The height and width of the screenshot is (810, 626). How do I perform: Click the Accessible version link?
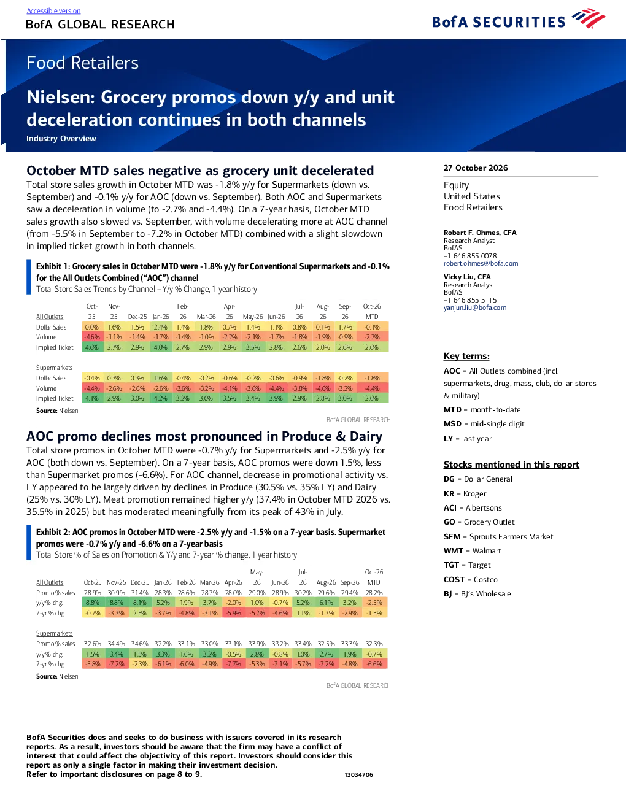pyautogui.click(x=53, y=11)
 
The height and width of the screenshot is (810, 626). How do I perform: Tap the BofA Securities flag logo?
pyautogui.click(x=589, y=18)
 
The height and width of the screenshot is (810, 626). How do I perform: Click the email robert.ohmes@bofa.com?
pyautogui.click(x=481, y=263)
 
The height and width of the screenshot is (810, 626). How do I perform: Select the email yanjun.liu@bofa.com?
pyautogui.click(x=475, y=307)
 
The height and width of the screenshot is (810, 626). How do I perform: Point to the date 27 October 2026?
pyautogui.click(x=476, y=168)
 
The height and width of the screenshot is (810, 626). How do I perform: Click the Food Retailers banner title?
pyautogui.click(x=82, y=63)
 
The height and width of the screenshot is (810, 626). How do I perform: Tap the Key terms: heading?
pyautogui.click(x=466, y=356)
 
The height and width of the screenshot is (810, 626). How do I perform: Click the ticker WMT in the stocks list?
pyautogui.click(x=454, y=550)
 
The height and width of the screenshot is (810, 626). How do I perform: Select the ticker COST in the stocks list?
pyautogui.click(x=454, y=580)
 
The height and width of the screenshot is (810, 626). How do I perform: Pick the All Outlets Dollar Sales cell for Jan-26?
pyautogui.click(x=161, y=327)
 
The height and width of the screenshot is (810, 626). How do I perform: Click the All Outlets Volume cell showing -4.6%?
pyautogui.click(x=91, y=337)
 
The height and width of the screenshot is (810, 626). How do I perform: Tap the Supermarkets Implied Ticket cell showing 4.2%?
pyautogui.click(x=161, y=398)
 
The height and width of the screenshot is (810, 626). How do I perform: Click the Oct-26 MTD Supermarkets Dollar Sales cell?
pyautogui.click(x=372, y=377)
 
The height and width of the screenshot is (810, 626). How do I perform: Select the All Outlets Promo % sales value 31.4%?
pyautogui.click(x=139, y=593)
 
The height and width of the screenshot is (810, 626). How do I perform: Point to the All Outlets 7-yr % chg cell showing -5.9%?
pyautogui.click(x=233, y=613)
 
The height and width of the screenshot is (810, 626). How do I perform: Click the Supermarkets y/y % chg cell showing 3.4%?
pyautogui.click(x=117, y=654)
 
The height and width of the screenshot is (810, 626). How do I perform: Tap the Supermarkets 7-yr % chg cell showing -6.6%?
pyautogui.click(x=374, y=664)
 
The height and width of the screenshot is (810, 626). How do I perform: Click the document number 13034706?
pyautogui.click(x=358, y=774)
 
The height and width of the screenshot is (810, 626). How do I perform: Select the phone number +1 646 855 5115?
pyautogui.click(x=470, y=300)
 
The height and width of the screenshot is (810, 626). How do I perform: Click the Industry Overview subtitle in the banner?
pyautogui.click(x=61, y=138)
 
